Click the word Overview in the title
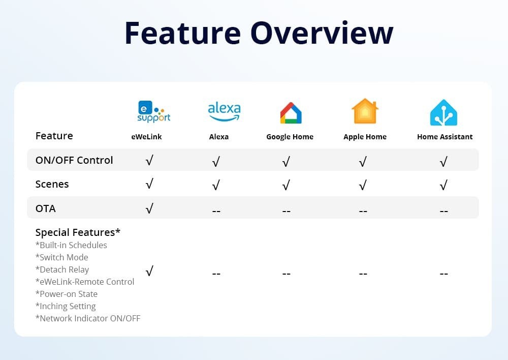point(322,33)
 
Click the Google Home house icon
point(291,113)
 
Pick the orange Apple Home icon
point(365,112)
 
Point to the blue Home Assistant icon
point(443,112)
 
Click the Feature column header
point(54,136)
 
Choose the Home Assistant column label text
point(444,137)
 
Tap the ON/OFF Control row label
point(74,160)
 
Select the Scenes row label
point(52,184)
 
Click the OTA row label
point(46,208)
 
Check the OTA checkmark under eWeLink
point(149,208)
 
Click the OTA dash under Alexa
point(216,210)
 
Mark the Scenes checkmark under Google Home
point(286,186)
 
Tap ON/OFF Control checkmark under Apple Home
point(363,162)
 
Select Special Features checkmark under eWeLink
point(149,272)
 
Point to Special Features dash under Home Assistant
point(443,274)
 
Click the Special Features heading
point(78,232)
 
